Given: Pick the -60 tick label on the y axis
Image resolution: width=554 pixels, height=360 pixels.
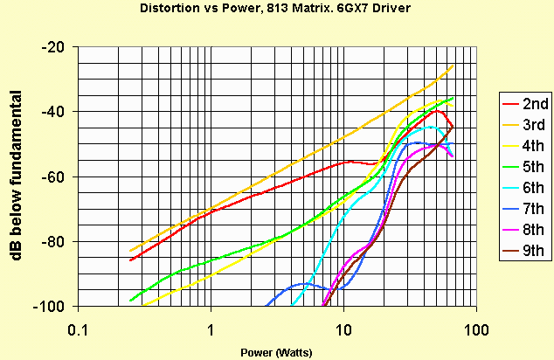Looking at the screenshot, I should pos(54,177).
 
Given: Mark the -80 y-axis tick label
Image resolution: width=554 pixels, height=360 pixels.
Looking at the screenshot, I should pos(54,241).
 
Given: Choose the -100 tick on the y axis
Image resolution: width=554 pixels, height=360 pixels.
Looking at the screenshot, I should pos(51,306).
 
